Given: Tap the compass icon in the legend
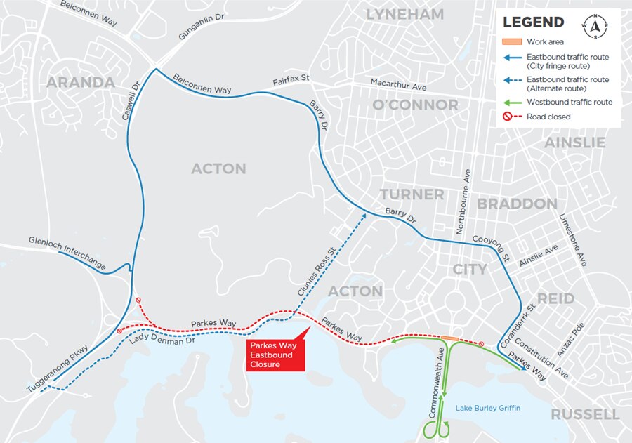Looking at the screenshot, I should pyautogui.click(x=596, y=27).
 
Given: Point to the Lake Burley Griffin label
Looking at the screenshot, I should pyautogui.click(x=487, y=408).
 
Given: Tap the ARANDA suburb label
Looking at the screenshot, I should pyautogui.click(x=81, y=83).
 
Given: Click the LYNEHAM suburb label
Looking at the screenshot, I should pyautogui.click(x=405, y=14).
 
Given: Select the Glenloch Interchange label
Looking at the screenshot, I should pyautogui.click(x=67, y=253).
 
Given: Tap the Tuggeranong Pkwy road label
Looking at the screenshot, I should pyautogui.click(x=58, y=369).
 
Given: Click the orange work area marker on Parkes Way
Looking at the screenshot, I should pyautogui.click(x=449, y=338).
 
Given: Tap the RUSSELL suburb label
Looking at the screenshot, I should pyautogui.click(x=584, y=414).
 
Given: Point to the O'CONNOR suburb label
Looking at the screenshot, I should pyautogui.click(x=415, y=105).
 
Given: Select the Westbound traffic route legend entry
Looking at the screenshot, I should pyautogui.click(x=569, y=103).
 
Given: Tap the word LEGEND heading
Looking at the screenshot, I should pyautogui.click(x=533, y=22).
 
